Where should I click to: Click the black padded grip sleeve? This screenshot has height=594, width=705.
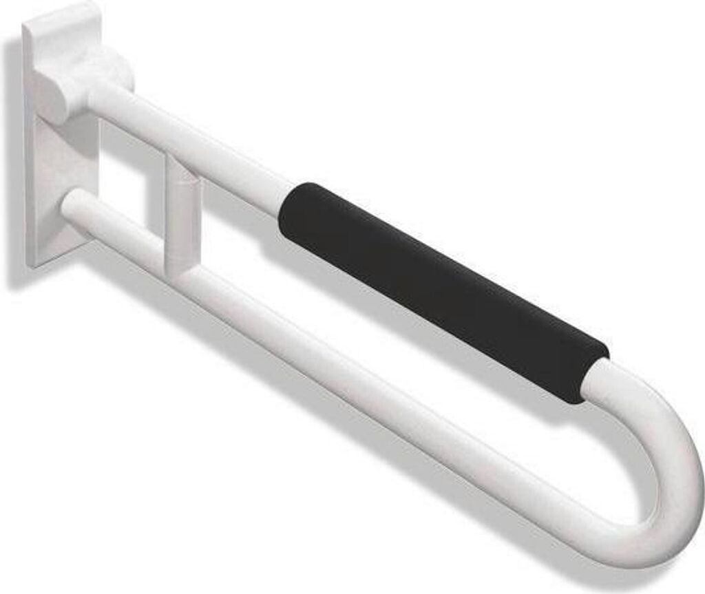441,289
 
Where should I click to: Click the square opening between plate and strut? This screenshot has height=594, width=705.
131,172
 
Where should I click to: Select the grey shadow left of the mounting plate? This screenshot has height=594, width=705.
15,172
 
